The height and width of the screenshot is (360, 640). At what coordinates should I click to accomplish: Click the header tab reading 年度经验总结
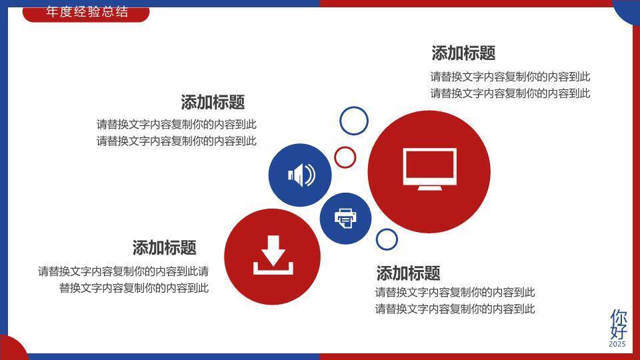pos(86,13)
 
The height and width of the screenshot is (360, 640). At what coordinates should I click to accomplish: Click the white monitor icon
pos(429,169)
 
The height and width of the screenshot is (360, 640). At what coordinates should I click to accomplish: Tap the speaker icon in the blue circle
pos(300,175)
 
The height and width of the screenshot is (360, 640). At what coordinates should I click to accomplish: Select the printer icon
pos(345,218)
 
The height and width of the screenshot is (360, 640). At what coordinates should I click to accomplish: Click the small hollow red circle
pos(345,157)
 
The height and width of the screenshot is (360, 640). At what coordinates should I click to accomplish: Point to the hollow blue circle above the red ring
pos(354,121)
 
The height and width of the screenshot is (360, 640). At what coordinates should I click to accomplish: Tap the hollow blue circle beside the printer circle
pos(387,239)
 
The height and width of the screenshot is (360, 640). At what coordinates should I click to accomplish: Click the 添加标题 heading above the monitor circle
pos(463,53)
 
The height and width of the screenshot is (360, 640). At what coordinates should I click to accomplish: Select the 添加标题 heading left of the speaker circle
pos(213,102)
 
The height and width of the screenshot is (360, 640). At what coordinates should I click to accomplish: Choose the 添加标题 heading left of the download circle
pos(164,248)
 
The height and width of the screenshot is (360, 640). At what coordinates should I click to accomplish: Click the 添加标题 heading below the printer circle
pos(408,273)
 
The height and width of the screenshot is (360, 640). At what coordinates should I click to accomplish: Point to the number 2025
pos(617,344)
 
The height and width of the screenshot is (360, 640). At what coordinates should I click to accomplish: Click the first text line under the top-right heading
pos(510,77)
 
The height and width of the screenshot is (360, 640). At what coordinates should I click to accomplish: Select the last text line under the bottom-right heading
pos(455,309)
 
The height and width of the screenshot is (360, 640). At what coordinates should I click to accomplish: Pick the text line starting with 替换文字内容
pos(134,288)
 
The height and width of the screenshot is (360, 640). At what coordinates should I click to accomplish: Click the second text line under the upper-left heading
pos(177,141)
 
